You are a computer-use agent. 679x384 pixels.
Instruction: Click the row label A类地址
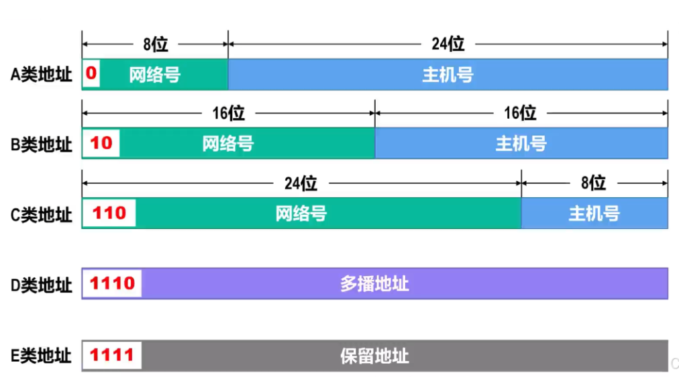click(x=41, y=75)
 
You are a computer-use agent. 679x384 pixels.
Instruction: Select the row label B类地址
click(x=41, y=144)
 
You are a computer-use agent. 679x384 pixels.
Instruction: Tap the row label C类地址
click(x=41, y=215)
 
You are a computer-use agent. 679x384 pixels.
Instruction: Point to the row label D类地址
click(x=41, y=285)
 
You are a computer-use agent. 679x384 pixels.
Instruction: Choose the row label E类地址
click(x=41, y=355)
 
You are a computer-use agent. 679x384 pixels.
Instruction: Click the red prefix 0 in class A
click(x=91, y=73)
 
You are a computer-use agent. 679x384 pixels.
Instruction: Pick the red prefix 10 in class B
click(x=101, y=143)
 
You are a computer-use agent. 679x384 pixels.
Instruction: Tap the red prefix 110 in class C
click(x=109, y=213)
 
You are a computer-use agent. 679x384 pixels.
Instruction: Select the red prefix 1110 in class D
click(x=113, y=283)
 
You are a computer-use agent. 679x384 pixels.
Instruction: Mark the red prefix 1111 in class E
click(x=112, y=354)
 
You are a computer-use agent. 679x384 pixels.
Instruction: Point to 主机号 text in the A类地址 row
click(x=448, y=75)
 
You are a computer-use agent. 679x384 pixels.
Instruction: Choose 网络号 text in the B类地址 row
click(x=228, y=144)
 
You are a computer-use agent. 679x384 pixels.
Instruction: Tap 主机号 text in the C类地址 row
click(x=594, y=213)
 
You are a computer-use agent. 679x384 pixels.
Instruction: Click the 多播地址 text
click(x=374, y=284)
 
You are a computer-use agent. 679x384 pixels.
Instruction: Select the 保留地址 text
click(x=374, y=355)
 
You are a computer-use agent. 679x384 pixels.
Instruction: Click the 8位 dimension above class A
click(x=155, y=44)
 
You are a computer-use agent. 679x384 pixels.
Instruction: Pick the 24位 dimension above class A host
click(x=448, y=44)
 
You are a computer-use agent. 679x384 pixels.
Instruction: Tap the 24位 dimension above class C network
click(x=301, y=183)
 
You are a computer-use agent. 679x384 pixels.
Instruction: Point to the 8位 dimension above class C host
click(x=593, y=183)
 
